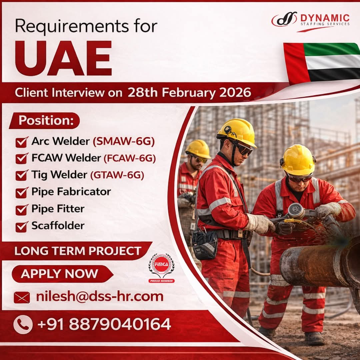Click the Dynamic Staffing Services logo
(x=310, y=21)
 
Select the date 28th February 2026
(x=189, y=93)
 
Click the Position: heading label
(x=46, y=120)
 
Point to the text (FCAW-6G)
(x=130, y=158)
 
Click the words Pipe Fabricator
(x=71, y=192)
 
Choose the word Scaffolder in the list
(x=58, y=226)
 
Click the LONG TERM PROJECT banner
(x=78, y=251)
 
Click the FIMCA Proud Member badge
(x=161, y=268)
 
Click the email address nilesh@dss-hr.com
(x=100, y=296)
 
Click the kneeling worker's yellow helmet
(x=298, y=159)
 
